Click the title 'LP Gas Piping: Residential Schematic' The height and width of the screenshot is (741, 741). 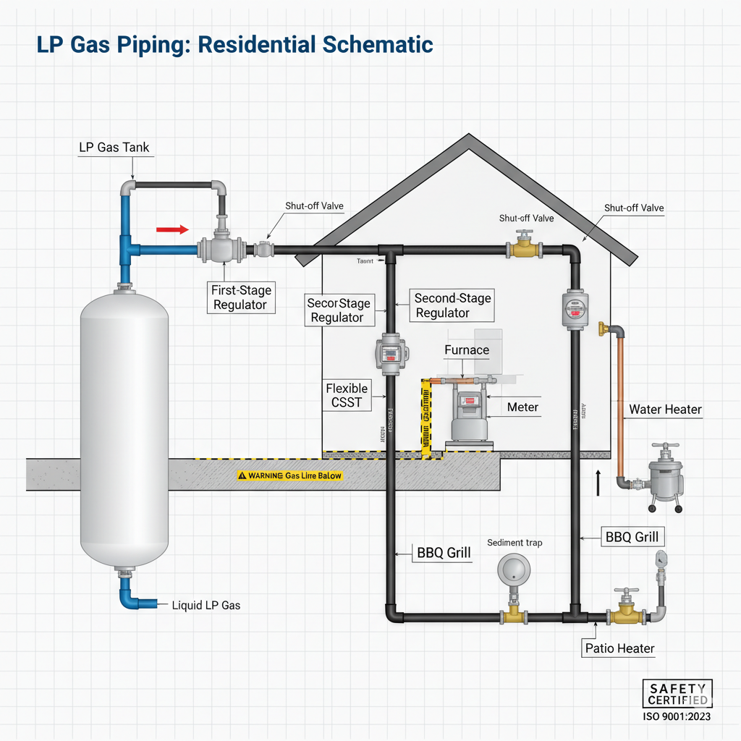pyautogui.click(x=234, y=45)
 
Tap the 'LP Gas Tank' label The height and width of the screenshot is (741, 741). pyautogui.click(x=114, y=147)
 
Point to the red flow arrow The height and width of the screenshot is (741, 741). pyautogui.click(x=172, y=229)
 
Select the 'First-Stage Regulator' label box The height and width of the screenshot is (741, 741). pyautogui.click(x=240, y=297)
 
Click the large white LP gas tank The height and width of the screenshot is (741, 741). pyautogui.click(x=124, y=427)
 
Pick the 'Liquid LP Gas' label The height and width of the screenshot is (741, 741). pyautogui.click(x=206, y=605)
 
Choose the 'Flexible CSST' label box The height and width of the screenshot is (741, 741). pyautogui.click(x=347, y=395)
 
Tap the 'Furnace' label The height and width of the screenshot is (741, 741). pyautogui.click(x=466, y=350)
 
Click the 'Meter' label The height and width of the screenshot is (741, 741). pyautogui.click(x=522, y=407)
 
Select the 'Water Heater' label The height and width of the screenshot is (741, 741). pyautogui.click(x=665, y=410)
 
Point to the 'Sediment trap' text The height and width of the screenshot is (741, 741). pyautogui.click(x=515, y=542)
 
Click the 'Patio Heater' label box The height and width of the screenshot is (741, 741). pyautogui.click(x=619, y=648)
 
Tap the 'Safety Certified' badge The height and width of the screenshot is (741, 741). pyautogui.click(x=677, y=694)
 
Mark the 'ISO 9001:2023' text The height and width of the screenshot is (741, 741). pyautogui.click(x=677, y=717)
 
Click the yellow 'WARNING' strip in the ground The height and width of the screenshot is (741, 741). pyautogui.click(x=289, y=476)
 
